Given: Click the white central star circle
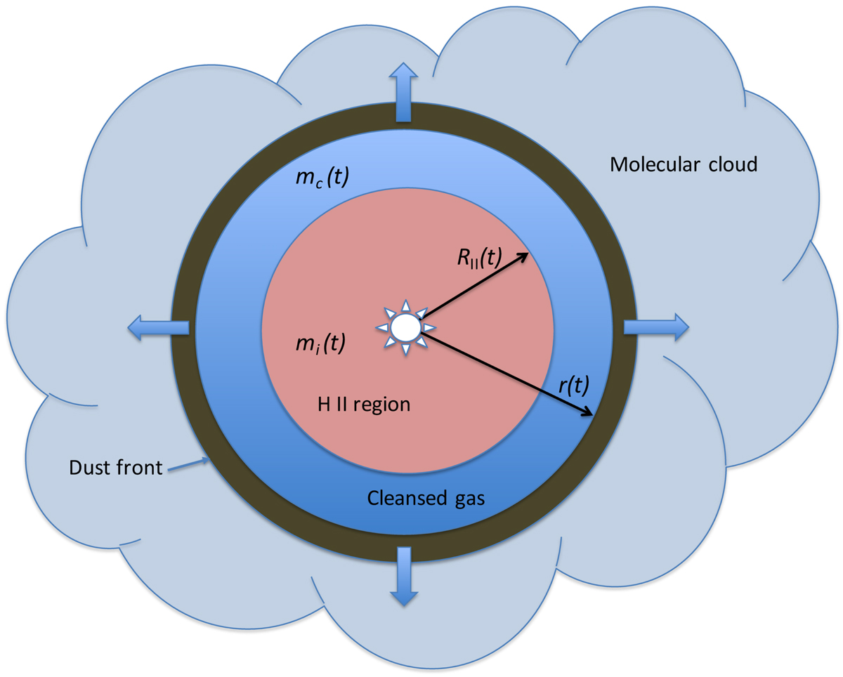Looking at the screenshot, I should (x=405, y=327).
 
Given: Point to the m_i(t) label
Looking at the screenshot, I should (x=319, y=343).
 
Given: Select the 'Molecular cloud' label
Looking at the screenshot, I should (x=683, y=165).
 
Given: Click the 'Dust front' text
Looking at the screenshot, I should (x=116, y=467).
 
